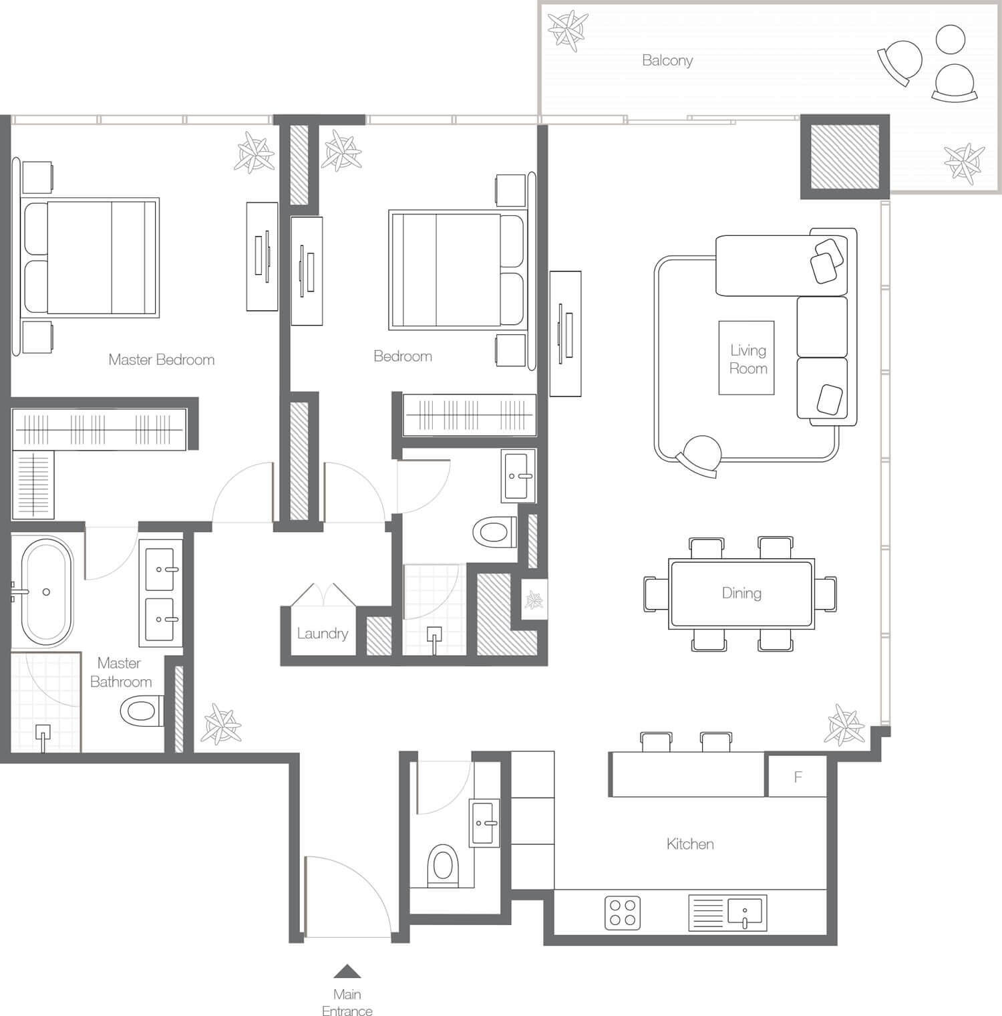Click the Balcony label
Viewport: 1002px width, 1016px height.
[x=667, y=60]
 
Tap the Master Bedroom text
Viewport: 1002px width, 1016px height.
[x=162, y=360]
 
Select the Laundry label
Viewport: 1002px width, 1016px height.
[x=323, y=634]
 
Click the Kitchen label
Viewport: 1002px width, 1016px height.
[x=690, y=844]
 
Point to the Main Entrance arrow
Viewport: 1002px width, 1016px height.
[x=347, y=971]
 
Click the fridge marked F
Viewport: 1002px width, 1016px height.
[x=798, y=776]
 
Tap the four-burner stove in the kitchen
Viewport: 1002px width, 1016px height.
[x=623, y=913]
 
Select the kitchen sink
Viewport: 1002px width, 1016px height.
[x=727, y=913]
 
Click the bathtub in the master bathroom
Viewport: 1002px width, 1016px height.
[x=46, y=592]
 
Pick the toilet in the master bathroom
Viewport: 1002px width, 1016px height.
[x=142, y=710]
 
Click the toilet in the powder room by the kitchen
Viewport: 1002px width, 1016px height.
[x=443, y=865]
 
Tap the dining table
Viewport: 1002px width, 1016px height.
[x=741, y=594]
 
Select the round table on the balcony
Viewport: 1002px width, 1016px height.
[x=951, y=39]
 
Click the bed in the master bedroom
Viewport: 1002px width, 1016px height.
[x=90, y=257]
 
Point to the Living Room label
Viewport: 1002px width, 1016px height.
[x=748, y=359]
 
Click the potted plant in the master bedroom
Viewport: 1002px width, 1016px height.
[x=255, y=152]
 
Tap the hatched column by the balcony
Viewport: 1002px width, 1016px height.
[x=845, y=157]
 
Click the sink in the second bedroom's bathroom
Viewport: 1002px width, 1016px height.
[x=519, y=476]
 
